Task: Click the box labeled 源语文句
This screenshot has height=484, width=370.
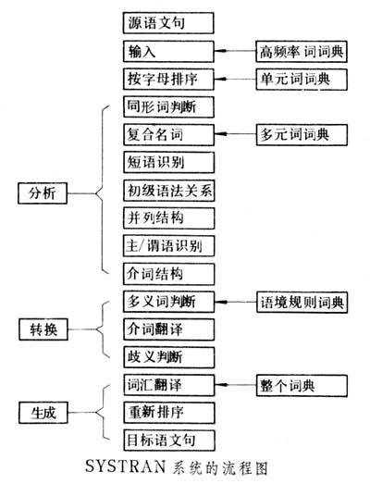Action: point(167,21)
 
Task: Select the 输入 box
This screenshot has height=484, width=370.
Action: point(167,50)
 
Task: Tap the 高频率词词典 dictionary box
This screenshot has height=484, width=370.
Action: point(302,50)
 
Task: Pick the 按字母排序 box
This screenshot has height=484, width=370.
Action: point(167,79)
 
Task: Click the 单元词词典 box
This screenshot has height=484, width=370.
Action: point(302,79)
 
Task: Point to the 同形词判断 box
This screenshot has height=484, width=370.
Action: point(167,107)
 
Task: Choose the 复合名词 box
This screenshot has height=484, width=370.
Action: point(167,135)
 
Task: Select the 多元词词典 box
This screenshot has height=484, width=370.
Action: point(302,135)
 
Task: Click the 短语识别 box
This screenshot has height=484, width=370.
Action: point(167,163)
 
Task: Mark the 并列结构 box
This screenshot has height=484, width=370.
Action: point(167,219)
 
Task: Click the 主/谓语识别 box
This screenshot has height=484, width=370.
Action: point(167,247)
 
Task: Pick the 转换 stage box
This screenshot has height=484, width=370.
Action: point(45,329)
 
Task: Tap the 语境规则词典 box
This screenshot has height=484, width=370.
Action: point(302,302)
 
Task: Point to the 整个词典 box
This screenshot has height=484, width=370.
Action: point(302,383)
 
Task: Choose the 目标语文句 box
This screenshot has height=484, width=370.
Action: point(167,438)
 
